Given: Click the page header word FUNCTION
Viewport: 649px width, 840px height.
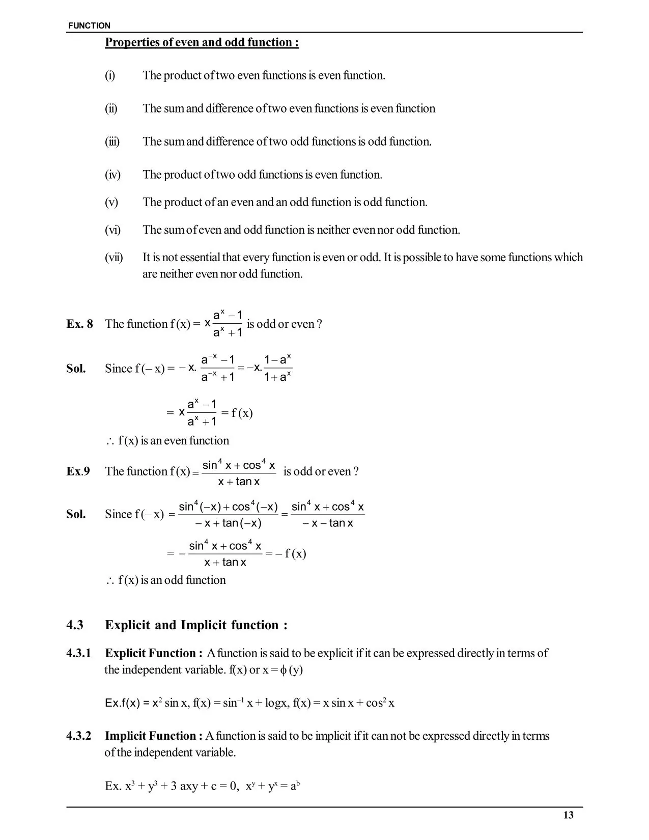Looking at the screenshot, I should [x=89, y=25].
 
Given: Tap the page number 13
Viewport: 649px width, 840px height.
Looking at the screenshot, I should [x=569, y=815].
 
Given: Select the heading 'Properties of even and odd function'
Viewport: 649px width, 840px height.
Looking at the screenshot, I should [x=202, y=42].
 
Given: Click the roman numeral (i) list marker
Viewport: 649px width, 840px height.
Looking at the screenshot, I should [x=110, y=75].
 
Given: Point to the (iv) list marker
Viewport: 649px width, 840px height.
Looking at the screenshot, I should [x=112, y=175].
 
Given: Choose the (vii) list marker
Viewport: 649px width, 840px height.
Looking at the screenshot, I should [x=114, y=257].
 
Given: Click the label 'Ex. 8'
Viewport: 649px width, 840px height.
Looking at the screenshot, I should [x=79, y=324].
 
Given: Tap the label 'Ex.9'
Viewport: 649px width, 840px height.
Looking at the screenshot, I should [x=78, y=471].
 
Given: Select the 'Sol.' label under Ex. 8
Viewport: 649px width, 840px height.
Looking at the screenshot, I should [x=76, y=368].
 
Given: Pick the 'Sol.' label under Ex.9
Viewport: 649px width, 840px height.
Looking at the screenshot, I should [x=76, y=514].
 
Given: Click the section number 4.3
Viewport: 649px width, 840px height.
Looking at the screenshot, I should [x=75, y=625].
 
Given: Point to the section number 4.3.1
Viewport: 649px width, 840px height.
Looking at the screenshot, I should [x=78, y=653].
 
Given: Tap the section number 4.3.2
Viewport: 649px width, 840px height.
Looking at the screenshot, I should [x=78, y=736].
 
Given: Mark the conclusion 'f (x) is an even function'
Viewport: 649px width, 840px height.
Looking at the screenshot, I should [x=173, y=440].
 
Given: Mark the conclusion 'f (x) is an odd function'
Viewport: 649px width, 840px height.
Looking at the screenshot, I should [x=172, y=580].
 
